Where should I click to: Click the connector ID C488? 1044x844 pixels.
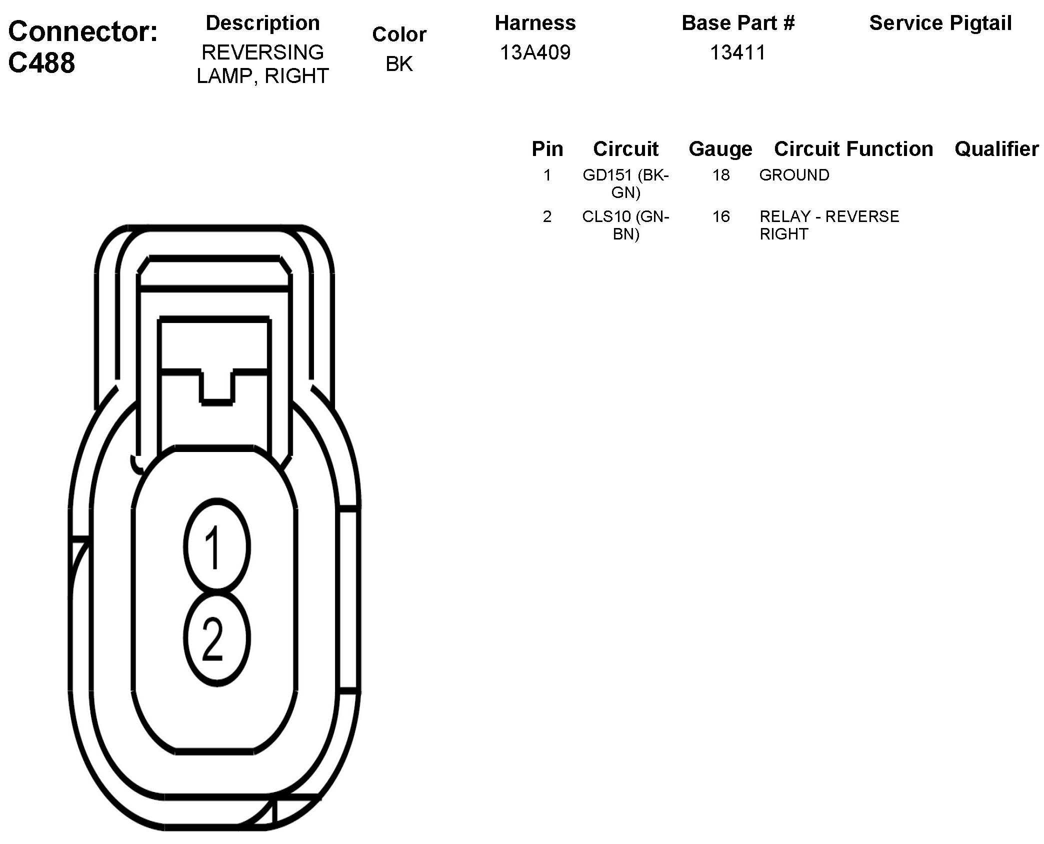tap(42, 63)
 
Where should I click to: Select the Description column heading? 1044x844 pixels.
tap(262, 23)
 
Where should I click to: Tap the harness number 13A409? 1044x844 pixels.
tap(535, 52)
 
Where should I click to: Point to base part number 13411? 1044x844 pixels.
tap(738, 52)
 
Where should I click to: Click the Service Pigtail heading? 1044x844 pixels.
tap(940, 23)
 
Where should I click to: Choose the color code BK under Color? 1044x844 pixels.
tap(399, 64)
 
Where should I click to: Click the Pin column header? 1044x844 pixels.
tap(547, 149)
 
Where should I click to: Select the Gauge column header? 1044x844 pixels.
tap(720, 149)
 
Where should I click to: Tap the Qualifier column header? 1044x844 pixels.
tap(996, 149)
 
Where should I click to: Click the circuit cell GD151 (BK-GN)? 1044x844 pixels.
tap(625, 183)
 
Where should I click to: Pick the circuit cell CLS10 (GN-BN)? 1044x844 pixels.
tap(625, 225)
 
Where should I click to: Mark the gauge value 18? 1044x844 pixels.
tap(720, 175)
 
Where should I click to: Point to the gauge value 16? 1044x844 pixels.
tap(720, 216)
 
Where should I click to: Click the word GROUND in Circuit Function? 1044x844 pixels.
tap(794, 175)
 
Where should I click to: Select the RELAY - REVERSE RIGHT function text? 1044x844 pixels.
tap(829, 225)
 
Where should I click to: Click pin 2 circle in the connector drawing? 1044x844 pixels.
tap(216, 639)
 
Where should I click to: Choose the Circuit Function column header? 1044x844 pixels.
tap(853, 149)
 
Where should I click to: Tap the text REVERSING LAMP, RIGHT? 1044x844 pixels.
tap(262, 64)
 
